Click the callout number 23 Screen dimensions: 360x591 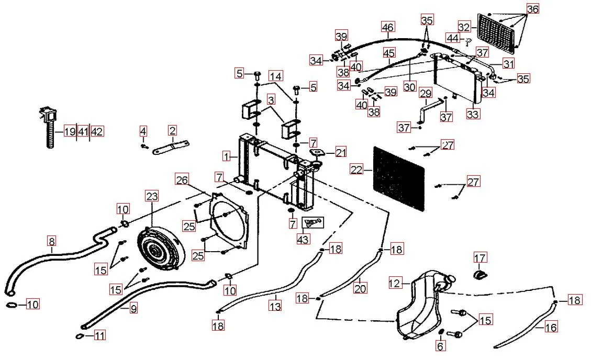[x=151, y=197]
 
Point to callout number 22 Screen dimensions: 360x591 [x=356, y=170]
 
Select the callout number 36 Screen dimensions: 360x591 [x=532, y=9]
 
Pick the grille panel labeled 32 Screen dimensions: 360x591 [x=499, y=31]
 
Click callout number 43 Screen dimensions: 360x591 [x=303, y=239]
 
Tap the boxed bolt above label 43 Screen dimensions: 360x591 [x=312, y=222]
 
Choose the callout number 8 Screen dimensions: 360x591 [x=51, y=241]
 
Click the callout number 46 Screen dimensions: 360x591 [x=387, y=27]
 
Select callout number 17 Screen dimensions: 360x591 [x=480, y=257]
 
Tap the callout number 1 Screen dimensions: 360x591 [x=226, y=156]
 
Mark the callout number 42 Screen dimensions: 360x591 [x=97, y=131]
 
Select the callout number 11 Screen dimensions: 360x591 [x=99, y=335]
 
